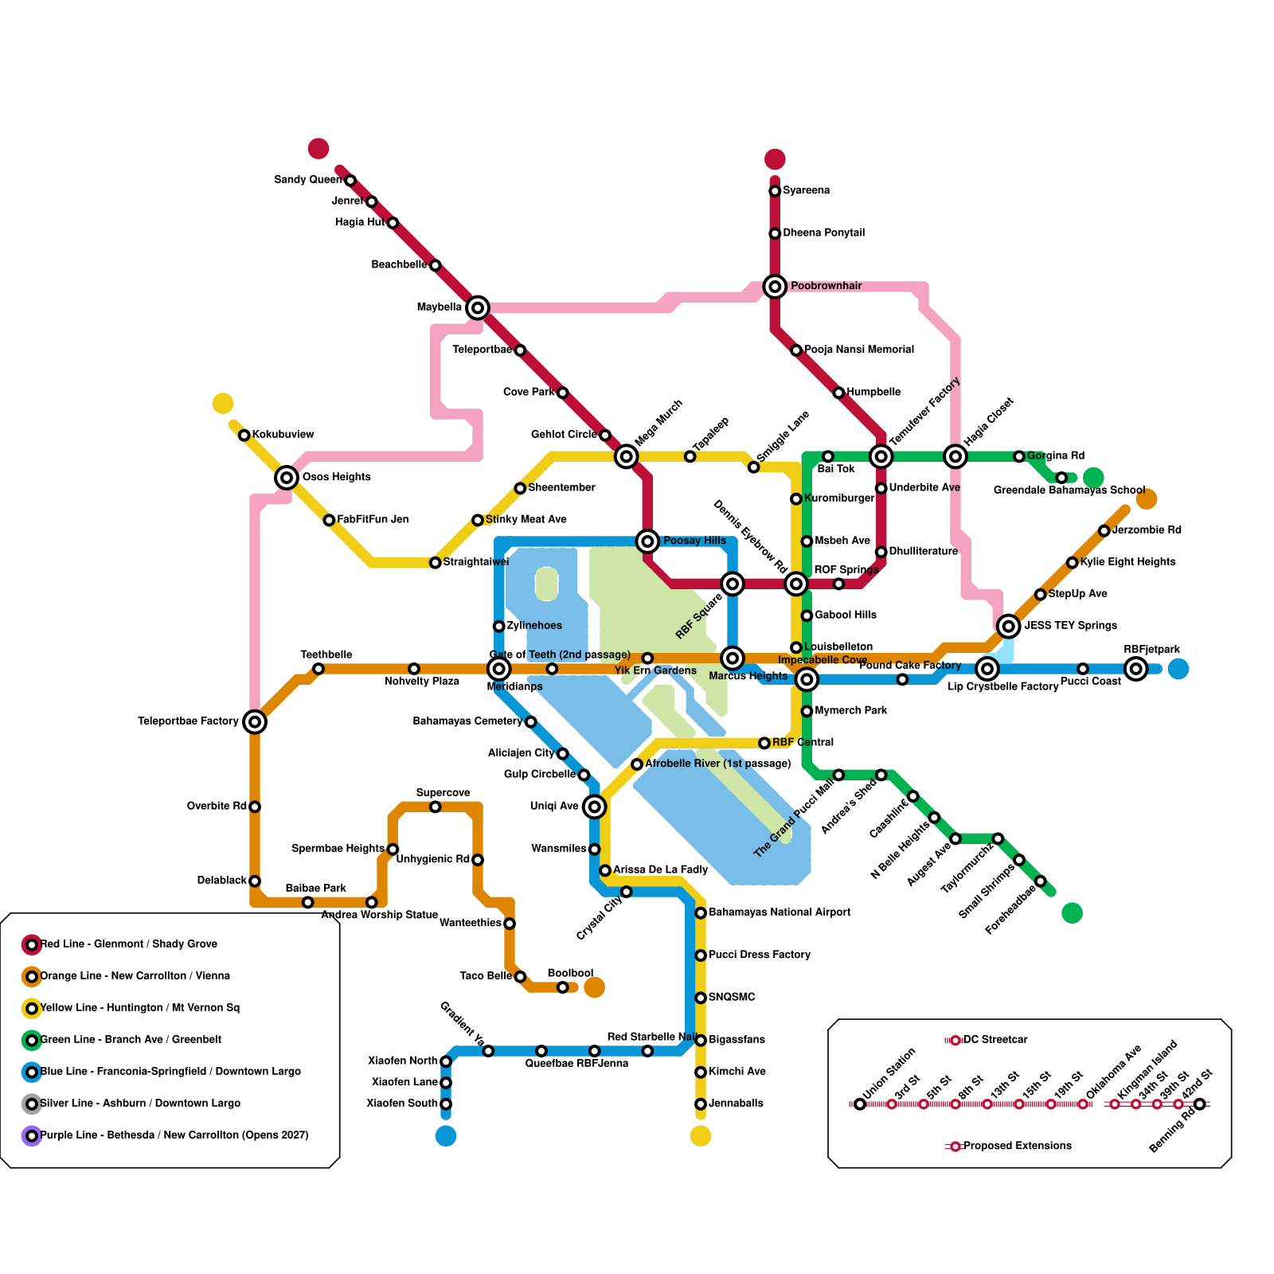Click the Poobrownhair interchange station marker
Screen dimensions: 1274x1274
775,286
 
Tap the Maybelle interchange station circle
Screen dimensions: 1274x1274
478,307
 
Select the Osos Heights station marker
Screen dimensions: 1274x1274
287,478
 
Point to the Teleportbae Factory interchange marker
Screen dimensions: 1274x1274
255,722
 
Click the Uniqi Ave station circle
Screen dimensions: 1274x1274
594,807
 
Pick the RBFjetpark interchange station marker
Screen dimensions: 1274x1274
1136,669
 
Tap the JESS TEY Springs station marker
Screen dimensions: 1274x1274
1009,626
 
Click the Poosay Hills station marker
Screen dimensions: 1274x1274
648,541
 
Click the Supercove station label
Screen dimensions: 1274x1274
443,793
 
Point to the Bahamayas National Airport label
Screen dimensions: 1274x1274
780,913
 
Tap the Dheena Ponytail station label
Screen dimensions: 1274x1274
823,233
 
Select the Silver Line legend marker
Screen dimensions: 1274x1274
32,1104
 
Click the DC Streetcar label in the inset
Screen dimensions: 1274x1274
995,1040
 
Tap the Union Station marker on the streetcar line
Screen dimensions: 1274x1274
860,1104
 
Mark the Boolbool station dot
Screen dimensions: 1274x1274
563,987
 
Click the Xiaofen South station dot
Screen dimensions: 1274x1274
446,1104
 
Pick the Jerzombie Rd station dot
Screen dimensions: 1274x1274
1104,530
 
